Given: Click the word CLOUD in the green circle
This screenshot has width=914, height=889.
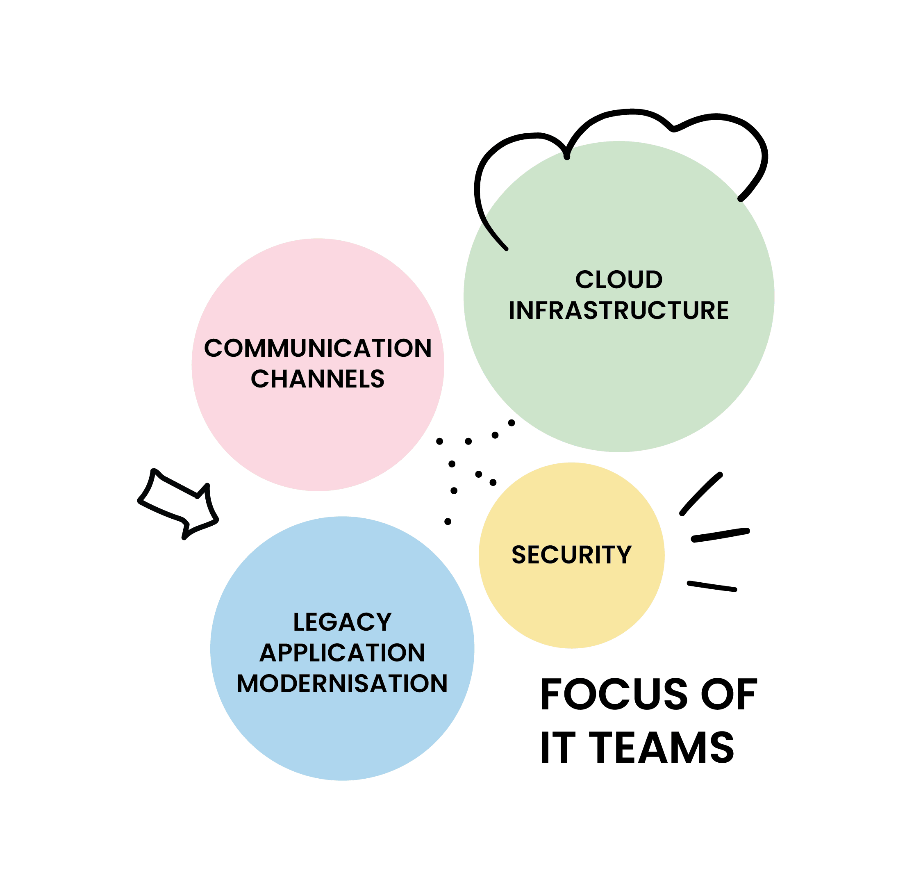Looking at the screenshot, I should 618,280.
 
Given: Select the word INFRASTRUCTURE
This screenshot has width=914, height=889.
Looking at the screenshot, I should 618,310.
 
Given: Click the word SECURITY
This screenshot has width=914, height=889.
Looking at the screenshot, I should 571,555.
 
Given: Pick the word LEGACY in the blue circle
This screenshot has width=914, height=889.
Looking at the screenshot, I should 342,622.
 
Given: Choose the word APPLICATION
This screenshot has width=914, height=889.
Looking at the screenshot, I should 342,653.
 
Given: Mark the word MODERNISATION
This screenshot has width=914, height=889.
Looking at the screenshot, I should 342,684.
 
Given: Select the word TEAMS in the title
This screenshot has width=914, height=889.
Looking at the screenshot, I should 665,748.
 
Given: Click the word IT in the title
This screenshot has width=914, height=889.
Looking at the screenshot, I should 555,748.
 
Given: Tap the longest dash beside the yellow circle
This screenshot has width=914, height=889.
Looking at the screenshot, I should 701,494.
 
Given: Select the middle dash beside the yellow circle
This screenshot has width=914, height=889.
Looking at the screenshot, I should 720,535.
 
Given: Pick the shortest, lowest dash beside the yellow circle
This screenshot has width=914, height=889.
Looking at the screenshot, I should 712,586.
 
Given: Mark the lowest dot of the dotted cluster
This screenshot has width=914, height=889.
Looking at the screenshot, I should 448,521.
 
